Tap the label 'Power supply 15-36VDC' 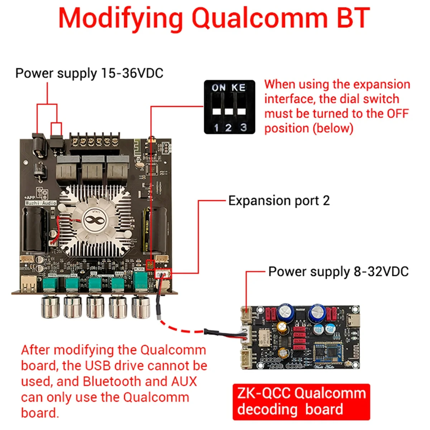point(89,73)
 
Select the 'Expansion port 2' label point(279,201)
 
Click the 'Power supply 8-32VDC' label point(338,271)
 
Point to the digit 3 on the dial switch point(244,127)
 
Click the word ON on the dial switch point(219,88)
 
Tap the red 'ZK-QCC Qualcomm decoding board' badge point(301,402)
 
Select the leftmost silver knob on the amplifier point(50,307)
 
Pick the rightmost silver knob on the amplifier point(141,307)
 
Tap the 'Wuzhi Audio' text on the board point(41,203)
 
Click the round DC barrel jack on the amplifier point(39,148)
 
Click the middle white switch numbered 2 point(229,111)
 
